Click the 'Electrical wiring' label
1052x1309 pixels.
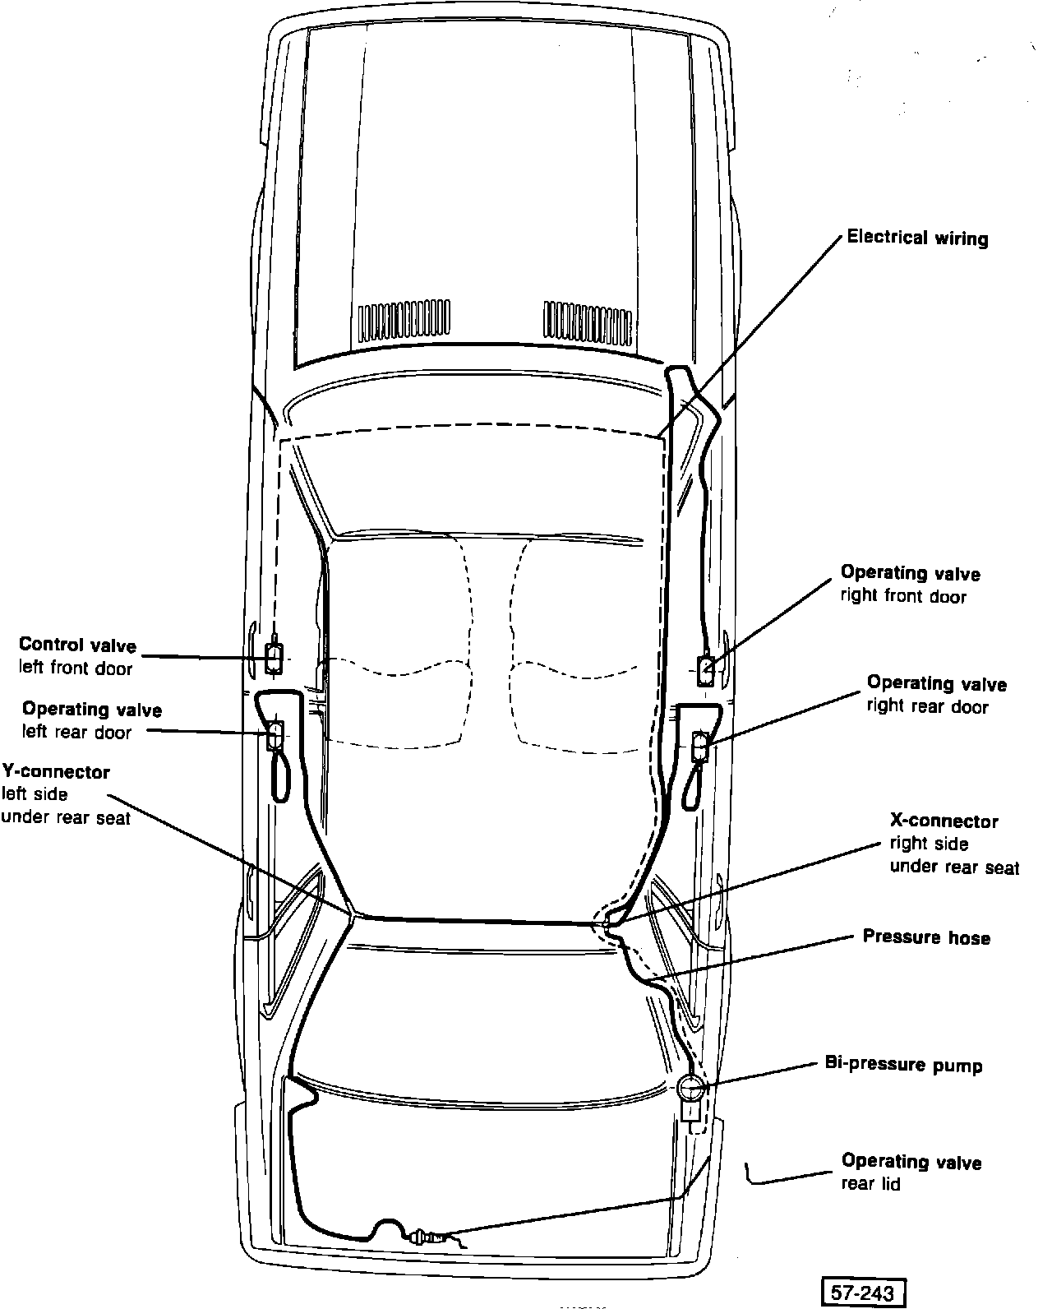[917, 238]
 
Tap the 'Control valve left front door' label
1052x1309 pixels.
[77, 656]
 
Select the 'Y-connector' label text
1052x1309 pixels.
[56, 772]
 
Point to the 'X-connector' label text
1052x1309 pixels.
[944, 821]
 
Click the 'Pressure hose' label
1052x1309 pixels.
[926, 937]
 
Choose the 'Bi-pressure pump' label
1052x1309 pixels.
[903, 1066]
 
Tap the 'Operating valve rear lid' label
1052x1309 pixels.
[911, 1173]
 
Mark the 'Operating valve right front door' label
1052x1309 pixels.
[910, 584]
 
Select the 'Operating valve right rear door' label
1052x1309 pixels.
[936, 694]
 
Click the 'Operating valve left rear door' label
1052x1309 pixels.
[91, 720]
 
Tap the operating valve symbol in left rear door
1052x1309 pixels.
[275, 734]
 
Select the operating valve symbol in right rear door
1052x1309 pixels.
[700, 747]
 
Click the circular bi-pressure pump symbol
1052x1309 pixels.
[690, 1089]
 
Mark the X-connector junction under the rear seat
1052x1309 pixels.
[607, 924]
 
